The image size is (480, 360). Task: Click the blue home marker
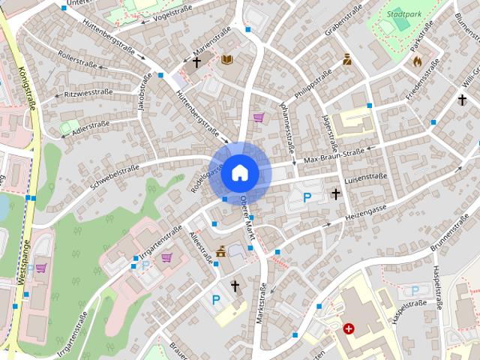[x=239, y=172]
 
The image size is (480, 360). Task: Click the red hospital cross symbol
[x=349, y=328]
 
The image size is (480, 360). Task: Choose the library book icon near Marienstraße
[x=228, y=59]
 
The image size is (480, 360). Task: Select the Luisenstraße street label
[x=365, y=177]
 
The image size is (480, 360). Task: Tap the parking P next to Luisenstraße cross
[x=306, y=197]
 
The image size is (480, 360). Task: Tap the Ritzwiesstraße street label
[x=88, y=93]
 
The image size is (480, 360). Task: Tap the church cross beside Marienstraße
[x=197, y=63]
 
